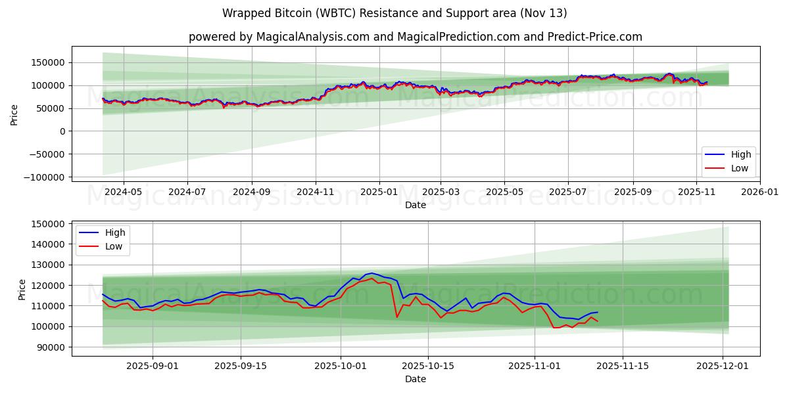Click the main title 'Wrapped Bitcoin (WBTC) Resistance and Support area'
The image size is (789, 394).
394,13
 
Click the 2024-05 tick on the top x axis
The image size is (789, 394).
123,192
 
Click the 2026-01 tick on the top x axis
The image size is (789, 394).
760,192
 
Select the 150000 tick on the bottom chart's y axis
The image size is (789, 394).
49,224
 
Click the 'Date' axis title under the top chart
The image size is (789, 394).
415,205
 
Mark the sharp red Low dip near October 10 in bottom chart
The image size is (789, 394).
396,317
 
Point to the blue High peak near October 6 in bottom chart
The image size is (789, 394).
372,273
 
